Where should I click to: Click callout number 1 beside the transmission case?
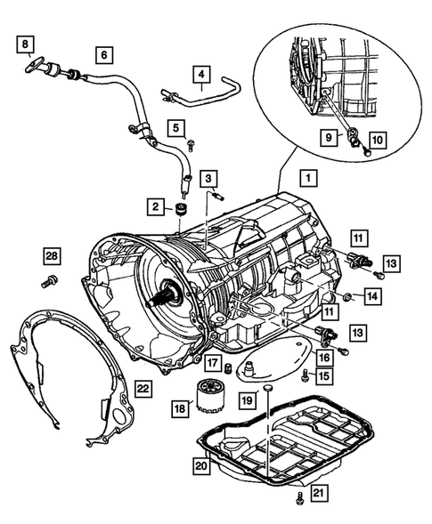306,178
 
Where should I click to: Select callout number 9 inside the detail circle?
329,139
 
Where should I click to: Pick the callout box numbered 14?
371,294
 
